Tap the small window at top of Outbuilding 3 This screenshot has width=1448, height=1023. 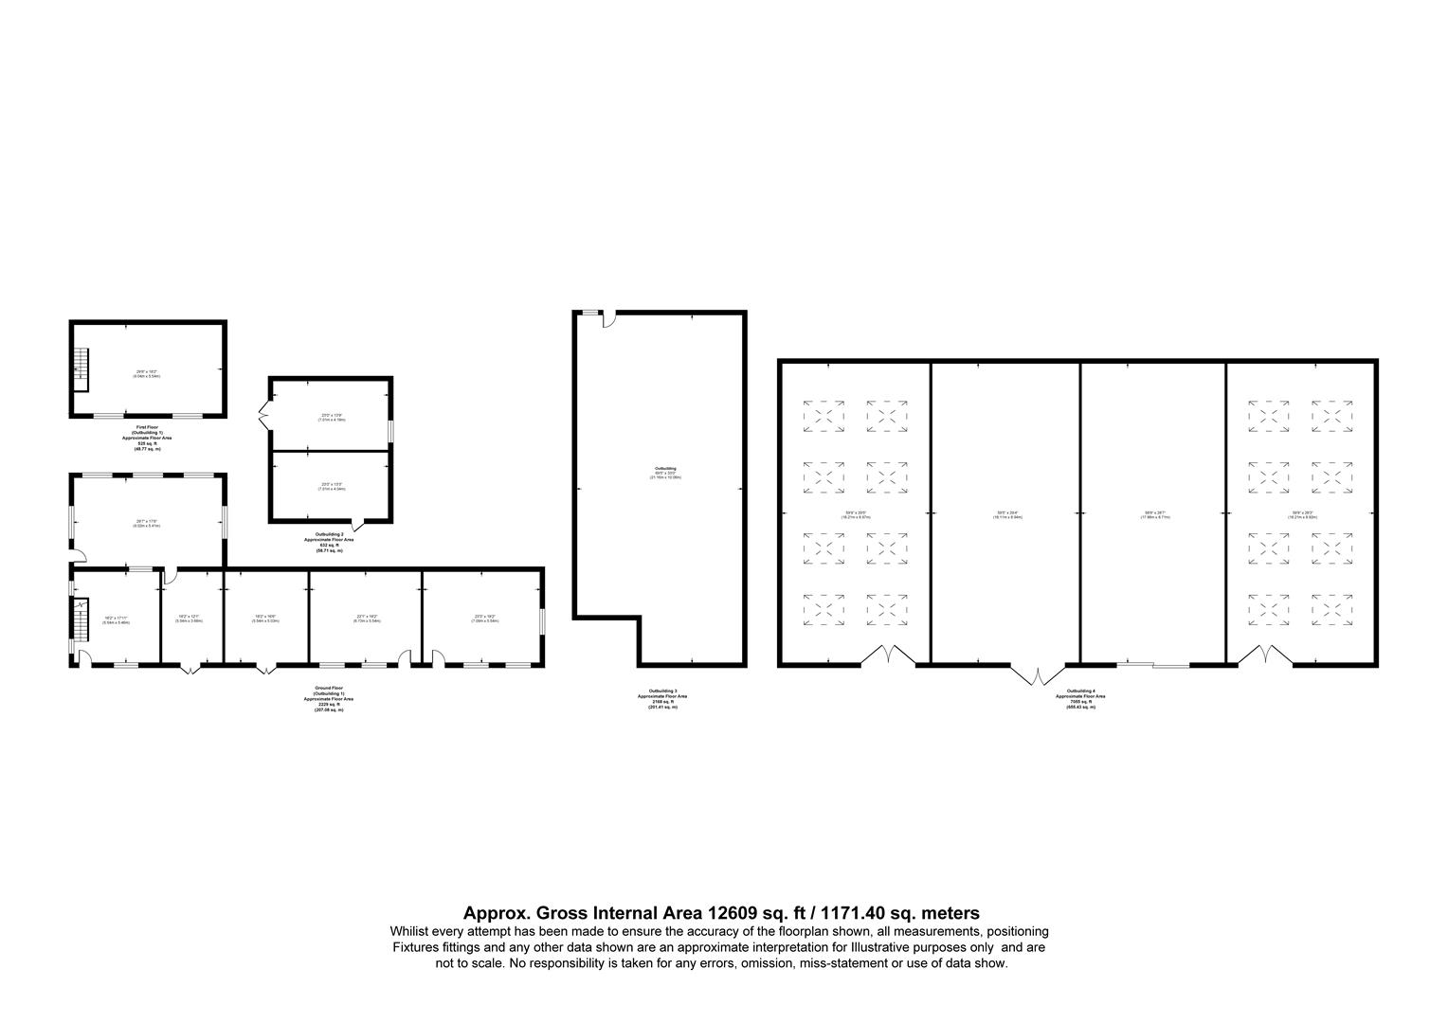589,313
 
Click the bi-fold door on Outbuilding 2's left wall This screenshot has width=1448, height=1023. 265,414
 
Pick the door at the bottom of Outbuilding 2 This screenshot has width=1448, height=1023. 355,524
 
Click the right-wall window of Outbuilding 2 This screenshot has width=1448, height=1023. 390,430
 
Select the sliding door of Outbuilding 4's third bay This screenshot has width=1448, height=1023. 1152,665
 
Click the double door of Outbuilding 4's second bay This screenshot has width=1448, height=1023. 1038,673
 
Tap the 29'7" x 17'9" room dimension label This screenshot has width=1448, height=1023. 146,521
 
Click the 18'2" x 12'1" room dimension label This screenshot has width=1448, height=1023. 191,619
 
